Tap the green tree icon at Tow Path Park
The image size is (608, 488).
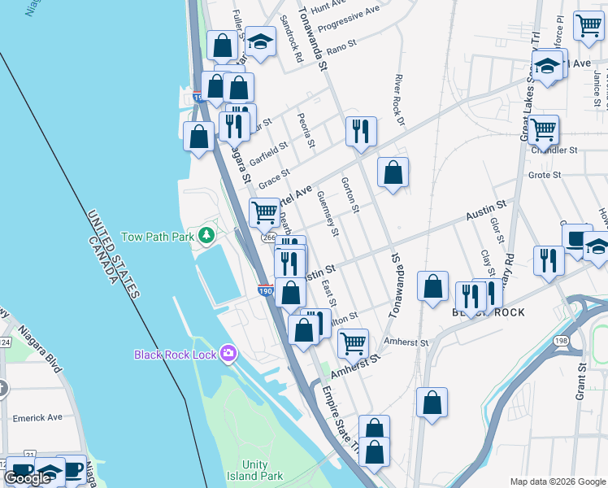207,236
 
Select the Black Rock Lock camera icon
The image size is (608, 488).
228,354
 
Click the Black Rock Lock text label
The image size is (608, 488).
176,355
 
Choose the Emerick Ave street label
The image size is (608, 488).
37,417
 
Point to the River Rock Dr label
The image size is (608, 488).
399,101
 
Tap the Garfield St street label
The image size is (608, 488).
268,154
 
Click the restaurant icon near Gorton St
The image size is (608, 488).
358,130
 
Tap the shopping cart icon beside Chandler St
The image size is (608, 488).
543,128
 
